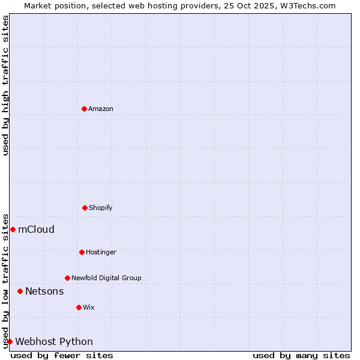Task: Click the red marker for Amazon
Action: tap(84, 109)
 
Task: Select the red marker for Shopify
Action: tap(85, 208)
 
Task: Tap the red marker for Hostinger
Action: tap(82, 252)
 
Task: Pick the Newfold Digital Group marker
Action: tap(67, 278)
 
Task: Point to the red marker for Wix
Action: tap(79, 307)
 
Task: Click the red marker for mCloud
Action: tap(13, 229)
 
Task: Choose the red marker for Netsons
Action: tap(20, 291)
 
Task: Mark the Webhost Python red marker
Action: tap(10, 341)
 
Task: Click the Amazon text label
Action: tap(101, 109)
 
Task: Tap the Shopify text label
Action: tap(101, 208)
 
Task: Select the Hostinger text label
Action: tap(101, 252)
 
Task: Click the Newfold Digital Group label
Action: tap(106, 278)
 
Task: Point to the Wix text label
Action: tap(89, 307)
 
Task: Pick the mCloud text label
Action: tap(36, 229)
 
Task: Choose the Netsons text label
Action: tap(44, 291)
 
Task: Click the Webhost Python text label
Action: tap(54, 341)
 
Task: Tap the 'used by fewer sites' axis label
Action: tap(62, 355)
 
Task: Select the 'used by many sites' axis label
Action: tap(301, 355)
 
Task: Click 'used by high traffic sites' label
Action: tap(5, 85)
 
